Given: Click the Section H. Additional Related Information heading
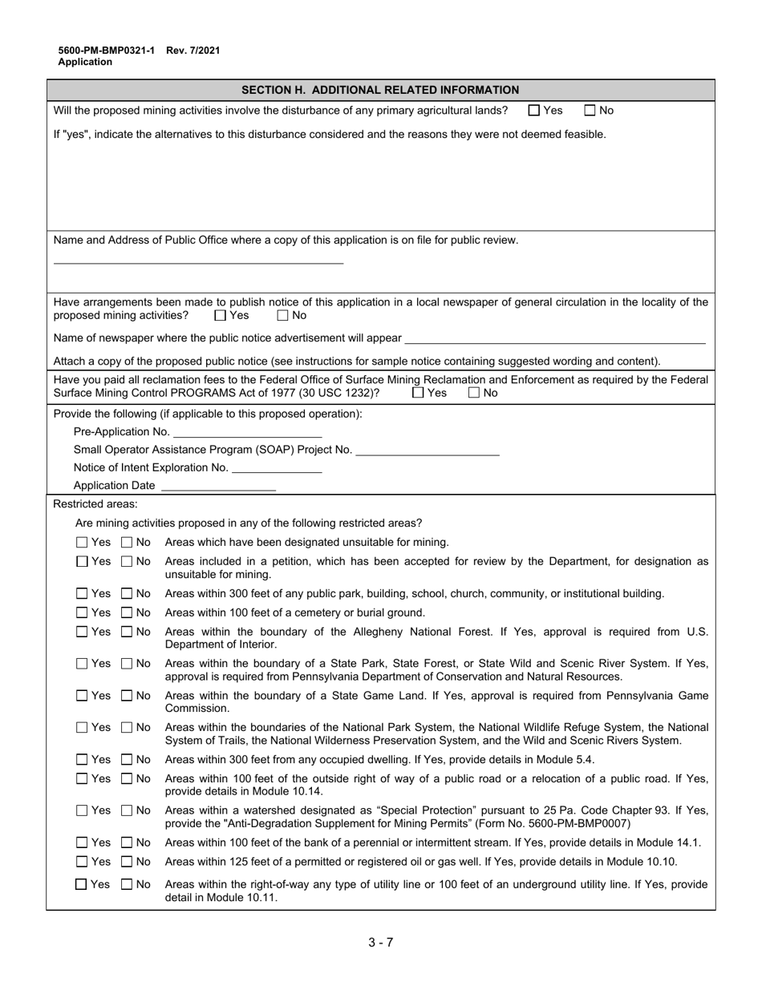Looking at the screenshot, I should [380, 90].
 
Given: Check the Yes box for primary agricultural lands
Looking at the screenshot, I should [534, 111].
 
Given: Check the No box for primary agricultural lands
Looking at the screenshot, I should [590, 111].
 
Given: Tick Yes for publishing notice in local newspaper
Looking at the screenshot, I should [221, 316].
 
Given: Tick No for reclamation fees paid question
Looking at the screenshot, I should [474, 393].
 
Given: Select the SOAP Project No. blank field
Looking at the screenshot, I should [427, 450].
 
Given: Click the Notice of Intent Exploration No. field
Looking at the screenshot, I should [277, 467].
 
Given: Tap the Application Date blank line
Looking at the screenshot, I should [218, 486].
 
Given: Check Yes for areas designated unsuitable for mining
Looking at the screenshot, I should [83, 543].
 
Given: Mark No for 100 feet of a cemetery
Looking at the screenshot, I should [127, 613].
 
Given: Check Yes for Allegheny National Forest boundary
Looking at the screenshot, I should [83, 632].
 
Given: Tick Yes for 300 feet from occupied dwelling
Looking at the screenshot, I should [83, 759].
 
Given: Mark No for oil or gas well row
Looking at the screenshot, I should [127, 863].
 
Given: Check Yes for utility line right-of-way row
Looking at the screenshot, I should [83, 885].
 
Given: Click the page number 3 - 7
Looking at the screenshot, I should [380, 943].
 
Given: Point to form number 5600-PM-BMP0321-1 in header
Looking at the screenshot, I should [107, 51].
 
